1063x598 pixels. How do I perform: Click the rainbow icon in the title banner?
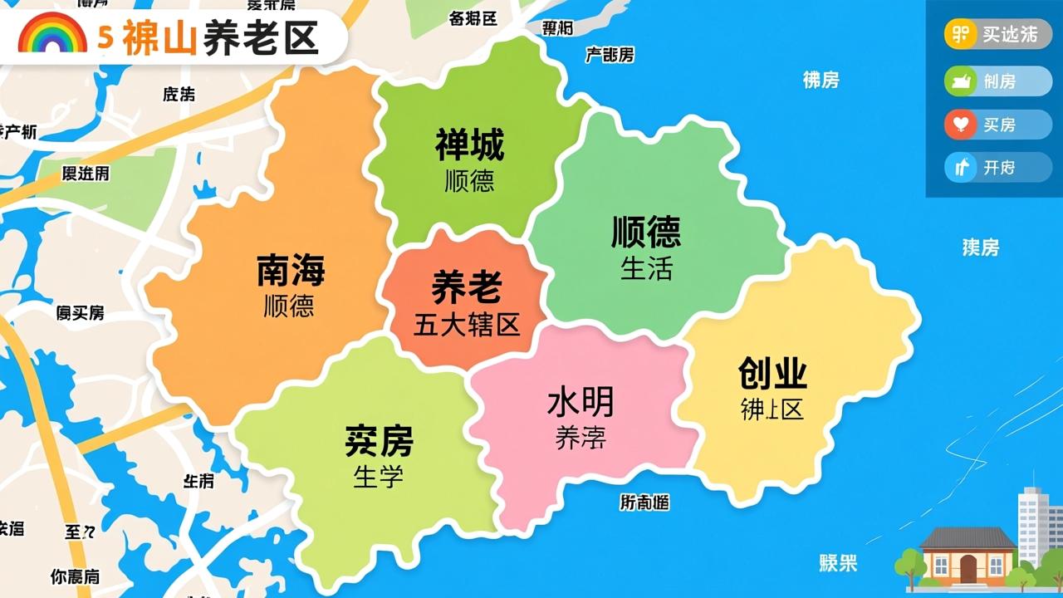[52, 37]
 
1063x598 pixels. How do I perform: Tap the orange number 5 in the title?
[105, 37]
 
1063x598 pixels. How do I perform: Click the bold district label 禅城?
[469, 145]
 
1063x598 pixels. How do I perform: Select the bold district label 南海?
[290, 270]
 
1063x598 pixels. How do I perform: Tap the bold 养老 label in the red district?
[466, 288]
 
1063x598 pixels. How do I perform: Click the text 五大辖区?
[467, 324]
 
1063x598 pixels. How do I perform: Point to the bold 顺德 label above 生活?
[646, 232]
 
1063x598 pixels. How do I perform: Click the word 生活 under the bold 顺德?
[646, 268]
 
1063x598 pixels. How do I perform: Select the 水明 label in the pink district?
[580, 403]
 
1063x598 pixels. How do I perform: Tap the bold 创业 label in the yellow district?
[772, 374]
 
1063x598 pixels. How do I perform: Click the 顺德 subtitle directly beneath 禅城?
[469, 180]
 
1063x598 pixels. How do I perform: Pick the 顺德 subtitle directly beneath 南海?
[289, 306]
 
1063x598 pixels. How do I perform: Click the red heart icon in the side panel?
[961, 125]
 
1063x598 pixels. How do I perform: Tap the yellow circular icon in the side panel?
[961, 35]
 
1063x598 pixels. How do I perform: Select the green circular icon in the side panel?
[961, 81]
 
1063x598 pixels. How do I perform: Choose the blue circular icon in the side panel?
[961, 168]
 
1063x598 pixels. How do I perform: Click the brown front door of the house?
[967, 568]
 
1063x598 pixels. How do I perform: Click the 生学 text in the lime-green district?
[378, 477]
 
